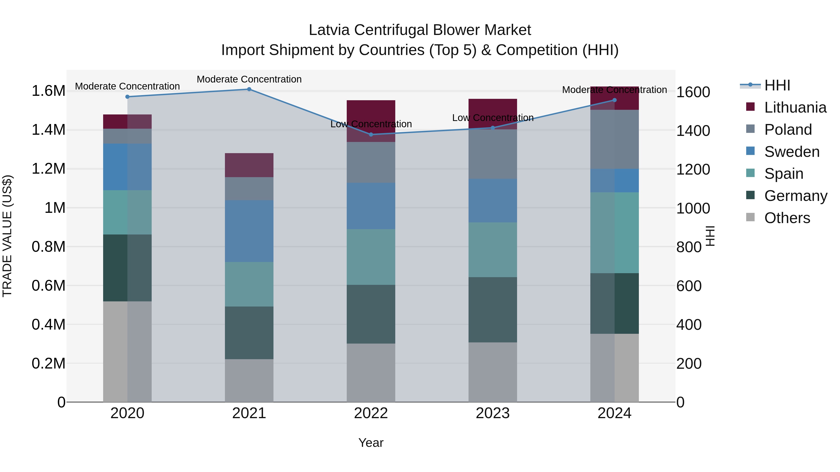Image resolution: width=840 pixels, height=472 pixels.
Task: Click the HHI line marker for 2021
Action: coord(249,89)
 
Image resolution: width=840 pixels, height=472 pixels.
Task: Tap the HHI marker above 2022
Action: coord(371,134)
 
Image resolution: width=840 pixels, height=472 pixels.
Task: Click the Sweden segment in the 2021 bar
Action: coord(249,231)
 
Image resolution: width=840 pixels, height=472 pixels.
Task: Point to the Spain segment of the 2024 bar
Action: coord(614,233)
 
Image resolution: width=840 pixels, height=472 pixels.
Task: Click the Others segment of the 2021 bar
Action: coord(249,380)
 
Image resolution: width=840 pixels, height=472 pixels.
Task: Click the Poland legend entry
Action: coord(787,130)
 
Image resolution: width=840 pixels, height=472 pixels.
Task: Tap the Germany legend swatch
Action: coord(750,196)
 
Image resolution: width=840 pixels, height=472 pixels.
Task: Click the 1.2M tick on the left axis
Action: coord(48,169)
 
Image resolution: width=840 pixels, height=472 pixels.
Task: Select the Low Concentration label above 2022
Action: coord(371,124)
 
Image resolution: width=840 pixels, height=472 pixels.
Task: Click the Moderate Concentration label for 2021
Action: coord(249,79)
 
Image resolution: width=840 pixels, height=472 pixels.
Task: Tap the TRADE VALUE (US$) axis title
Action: coord(7,236)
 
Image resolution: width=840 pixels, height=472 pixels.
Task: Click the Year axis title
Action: coord(371,443)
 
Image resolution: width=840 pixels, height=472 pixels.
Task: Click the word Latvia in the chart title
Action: coord(329,30)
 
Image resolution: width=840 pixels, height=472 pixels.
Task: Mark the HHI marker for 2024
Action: coord(614,100)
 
